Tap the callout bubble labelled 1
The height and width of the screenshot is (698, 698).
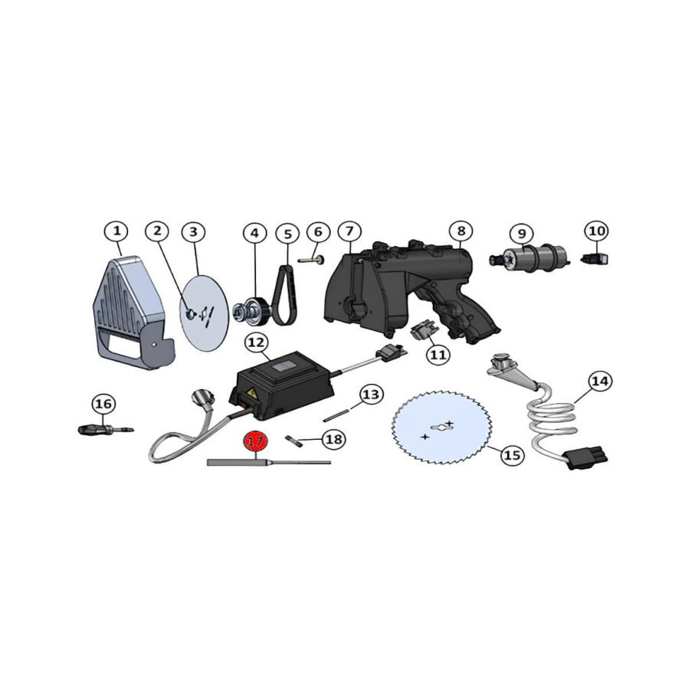coord(116,231)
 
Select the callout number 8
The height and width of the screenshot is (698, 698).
coord(460,231)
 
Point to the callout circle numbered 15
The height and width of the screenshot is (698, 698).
coord(512,455)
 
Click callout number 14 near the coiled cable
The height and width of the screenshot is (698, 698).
coord(600,381)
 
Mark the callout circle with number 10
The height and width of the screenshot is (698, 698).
coord(596,231)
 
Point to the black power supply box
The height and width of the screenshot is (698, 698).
coord(285,382)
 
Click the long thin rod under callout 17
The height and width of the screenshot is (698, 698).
coord(268,462)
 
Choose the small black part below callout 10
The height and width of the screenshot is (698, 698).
coord(595,259)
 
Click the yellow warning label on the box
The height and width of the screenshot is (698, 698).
coord(246,397)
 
